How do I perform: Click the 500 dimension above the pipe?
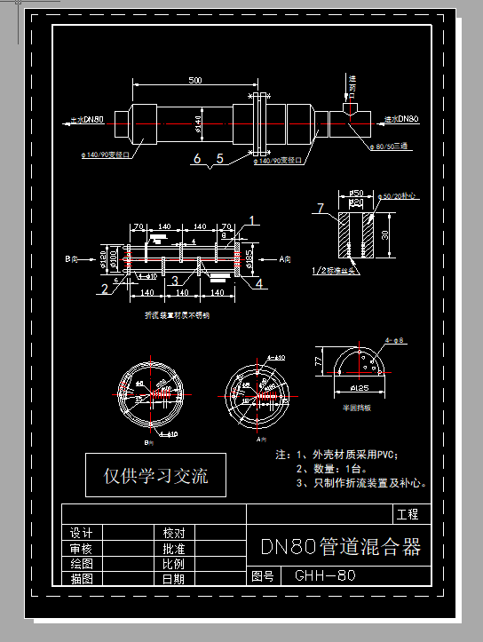click(194, 81)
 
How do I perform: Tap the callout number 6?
click(197, 160)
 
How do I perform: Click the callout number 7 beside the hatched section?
click(322, 209)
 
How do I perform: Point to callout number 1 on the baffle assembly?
click(252, 219)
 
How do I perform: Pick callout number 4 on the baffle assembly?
click(259, 283)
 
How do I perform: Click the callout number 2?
click(104, 287)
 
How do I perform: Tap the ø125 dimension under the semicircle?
click(360, 388)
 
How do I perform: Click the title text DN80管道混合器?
click(339, 547)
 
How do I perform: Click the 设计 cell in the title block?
click(82, 533)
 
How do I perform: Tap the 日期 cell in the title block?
click(173, 578)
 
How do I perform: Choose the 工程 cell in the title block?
click(408, 514)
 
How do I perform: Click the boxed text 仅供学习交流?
click(156, 475)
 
